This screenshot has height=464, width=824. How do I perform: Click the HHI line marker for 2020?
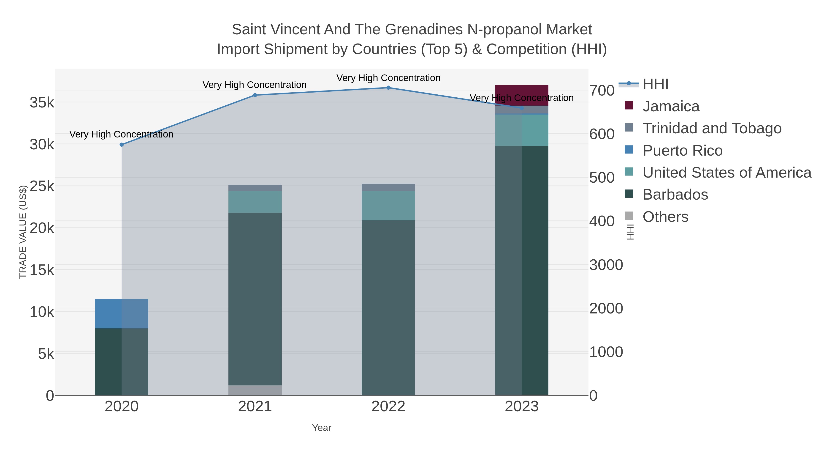click(122, 145)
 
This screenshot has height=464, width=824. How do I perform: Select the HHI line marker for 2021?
click(255, 95)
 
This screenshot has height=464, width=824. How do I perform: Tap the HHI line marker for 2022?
click(388, 88)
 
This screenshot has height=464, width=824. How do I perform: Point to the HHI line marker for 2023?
click(522, 108)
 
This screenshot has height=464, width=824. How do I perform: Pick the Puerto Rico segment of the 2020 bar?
click(122, 313)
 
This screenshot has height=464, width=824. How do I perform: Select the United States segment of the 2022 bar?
click(388, 206)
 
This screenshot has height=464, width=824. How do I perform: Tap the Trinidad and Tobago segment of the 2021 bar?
click(255, 188)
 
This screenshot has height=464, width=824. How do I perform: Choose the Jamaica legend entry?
click(671, 106)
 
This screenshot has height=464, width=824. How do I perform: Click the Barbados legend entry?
click(675, 195)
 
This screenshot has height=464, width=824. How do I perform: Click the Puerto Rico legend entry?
click(682, 151)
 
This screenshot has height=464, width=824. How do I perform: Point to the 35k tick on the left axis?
click(42, 103)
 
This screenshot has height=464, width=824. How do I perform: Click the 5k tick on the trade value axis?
click(46, 354)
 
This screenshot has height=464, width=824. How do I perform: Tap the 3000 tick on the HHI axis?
click(606, 265)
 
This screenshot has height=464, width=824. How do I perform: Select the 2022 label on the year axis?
click(388, 407)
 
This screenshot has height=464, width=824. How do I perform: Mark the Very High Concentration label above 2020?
click(122, 134)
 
